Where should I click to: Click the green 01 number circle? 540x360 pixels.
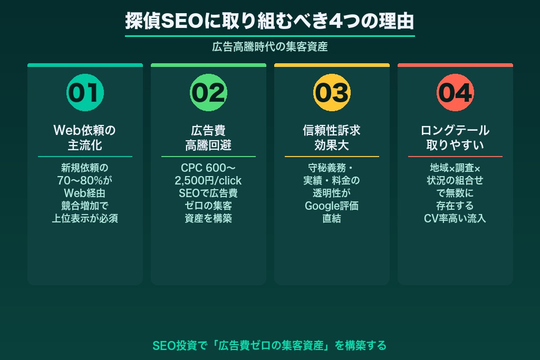tap(85, 93)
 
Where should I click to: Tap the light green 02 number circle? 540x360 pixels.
tap(208, 93)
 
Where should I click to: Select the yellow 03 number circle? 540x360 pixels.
tap(332, 93)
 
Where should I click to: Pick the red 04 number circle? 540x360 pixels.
tap(455, 93)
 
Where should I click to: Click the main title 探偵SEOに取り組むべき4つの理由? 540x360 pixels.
tap(269, 21)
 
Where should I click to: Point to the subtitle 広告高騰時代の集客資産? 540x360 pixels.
tap(269, 47)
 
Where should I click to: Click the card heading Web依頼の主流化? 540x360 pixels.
tap(85, 137)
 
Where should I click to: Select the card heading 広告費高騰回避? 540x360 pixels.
tap(208, 137)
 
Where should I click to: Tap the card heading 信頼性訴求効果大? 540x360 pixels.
tap(332, 137)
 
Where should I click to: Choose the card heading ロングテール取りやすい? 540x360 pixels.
tap(455, 137)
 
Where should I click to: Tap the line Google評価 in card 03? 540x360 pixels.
tap(332, 206)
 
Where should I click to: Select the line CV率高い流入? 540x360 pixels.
tap(455, 219)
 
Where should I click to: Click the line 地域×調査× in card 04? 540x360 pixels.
tap(455, 168)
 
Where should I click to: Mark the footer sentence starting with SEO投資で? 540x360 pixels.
tap(269, 346)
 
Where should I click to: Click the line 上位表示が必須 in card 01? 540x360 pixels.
tap(85, 219)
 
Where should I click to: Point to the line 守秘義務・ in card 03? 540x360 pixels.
tap(332, 168)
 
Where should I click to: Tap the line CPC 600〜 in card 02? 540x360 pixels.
tap(208, 168)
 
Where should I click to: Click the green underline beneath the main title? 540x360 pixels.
tap(269, 36)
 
